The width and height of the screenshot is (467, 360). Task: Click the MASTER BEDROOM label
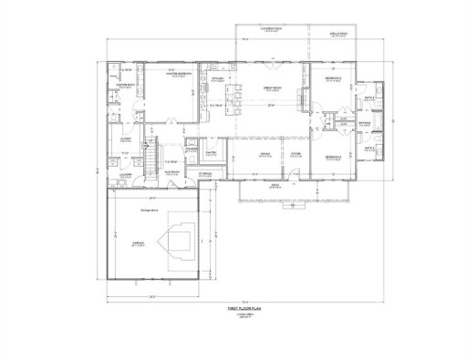[171, 76]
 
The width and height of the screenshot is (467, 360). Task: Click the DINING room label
[265, 153]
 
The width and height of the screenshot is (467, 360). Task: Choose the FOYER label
[296, 153]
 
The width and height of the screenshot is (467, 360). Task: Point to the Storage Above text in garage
[150, 210]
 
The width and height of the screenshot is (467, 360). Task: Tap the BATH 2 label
[370, 98]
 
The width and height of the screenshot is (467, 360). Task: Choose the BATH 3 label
[370, 148]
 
